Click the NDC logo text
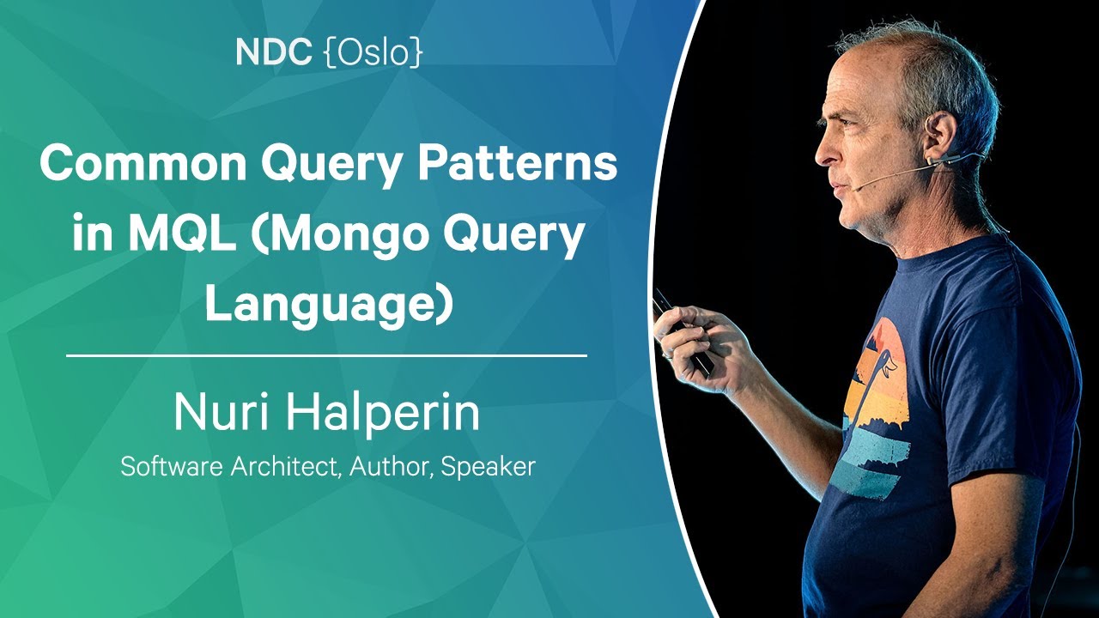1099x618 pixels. point(273,52)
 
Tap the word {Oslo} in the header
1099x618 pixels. point(373,53)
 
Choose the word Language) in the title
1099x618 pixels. point(328,307)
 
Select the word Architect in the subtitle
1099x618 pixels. point(287,466)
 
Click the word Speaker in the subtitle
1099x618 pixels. point(488,468)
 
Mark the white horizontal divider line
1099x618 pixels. point(327,355)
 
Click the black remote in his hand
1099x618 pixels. point(682,334)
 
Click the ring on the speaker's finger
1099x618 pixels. point(666,354)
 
